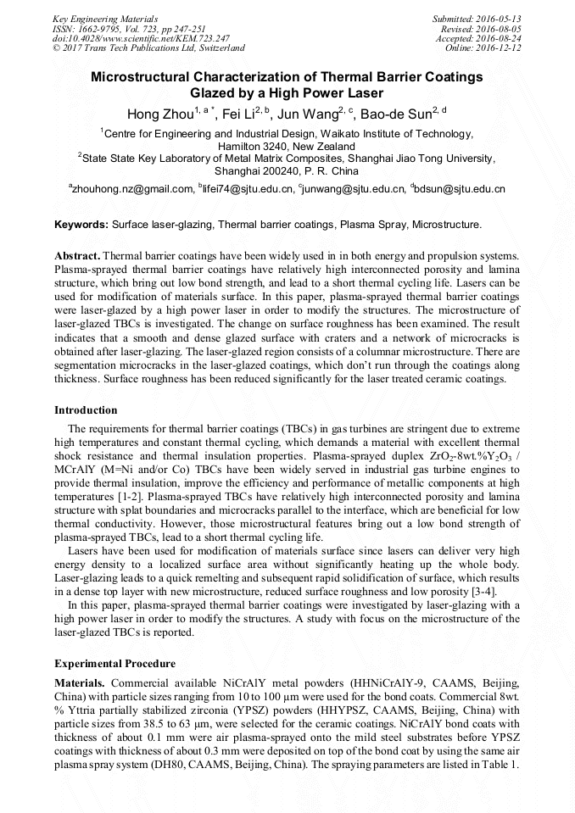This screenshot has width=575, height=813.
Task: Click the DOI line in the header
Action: [141, 38]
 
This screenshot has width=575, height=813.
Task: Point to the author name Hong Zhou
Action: [159, 114]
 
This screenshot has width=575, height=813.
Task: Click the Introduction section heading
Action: [86, 410]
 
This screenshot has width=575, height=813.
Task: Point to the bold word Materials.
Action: [80, 683]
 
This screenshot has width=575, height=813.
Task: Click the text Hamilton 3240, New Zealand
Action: [287, 146]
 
